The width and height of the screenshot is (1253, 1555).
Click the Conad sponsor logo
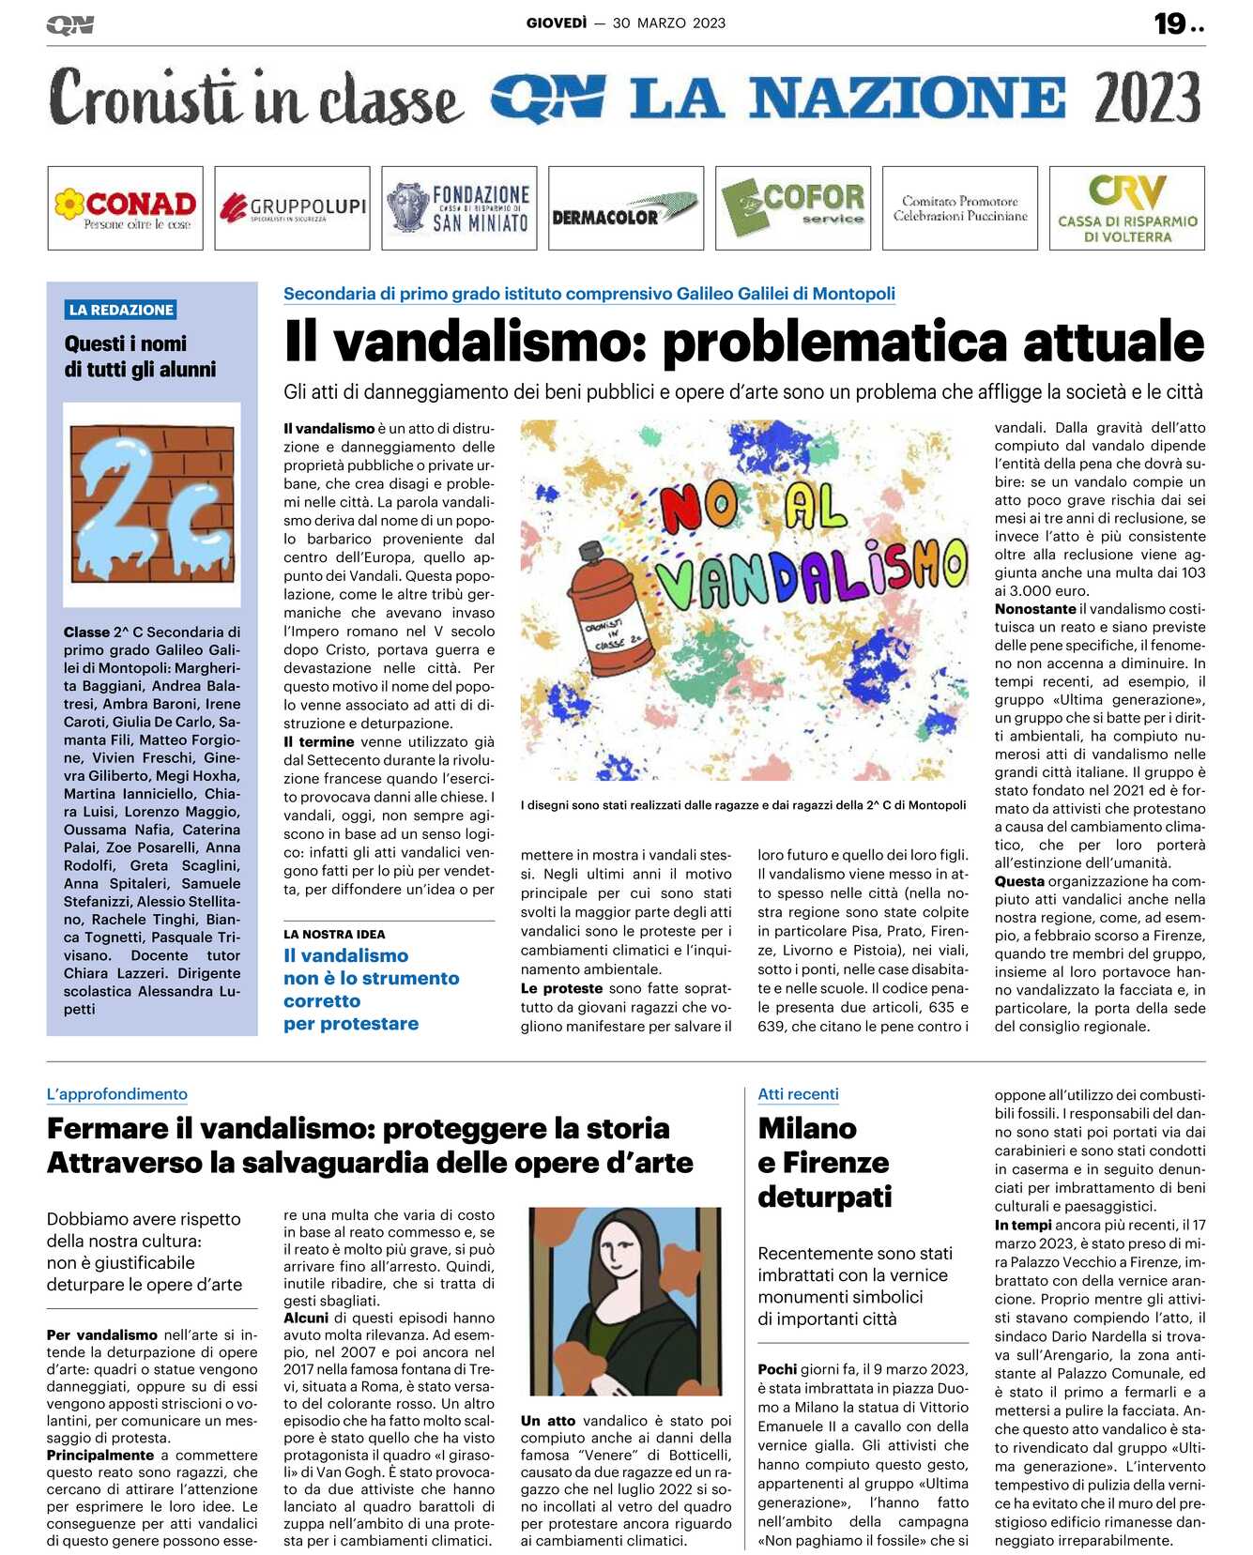tap(125, 208)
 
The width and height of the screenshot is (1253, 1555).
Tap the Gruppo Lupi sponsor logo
tap(292, 208)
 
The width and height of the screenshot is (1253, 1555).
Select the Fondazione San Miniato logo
tap(459, 208)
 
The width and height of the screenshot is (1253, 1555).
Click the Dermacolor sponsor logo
tap(625, 208)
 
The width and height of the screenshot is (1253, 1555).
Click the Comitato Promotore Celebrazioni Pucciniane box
tap(959, 208)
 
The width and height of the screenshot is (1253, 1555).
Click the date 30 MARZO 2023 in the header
tap(668, 23)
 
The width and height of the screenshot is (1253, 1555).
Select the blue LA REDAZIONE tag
tap(121, 310)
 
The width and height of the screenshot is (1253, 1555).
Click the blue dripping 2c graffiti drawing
tap(151, 505)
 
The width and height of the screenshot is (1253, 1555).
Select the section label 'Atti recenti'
tap(798, 1094)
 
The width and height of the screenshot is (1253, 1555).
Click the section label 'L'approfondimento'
tap(117, 1094)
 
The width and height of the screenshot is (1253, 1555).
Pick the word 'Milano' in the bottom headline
tap(807, 1128)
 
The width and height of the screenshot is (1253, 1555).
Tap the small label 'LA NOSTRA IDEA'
tap(334, 935)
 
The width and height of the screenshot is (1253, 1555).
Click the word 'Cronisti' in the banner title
tap(143, 98)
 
